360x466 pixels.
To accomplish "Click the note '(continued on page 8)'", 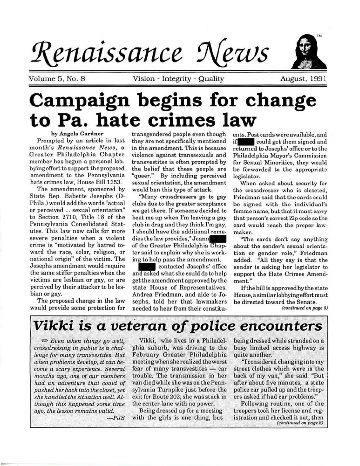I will (302, 425).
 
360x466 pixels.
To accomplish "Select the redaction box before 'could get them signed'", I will (245, 141).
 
